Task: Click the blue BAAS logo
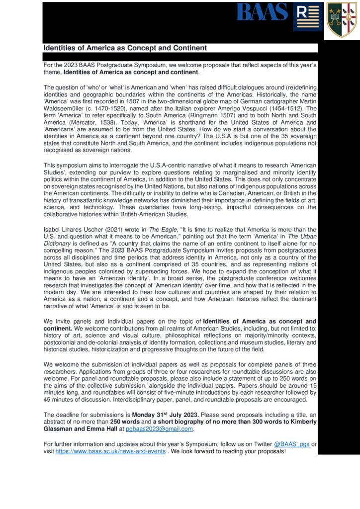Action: pyautogui.click(x=262, y=12)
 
